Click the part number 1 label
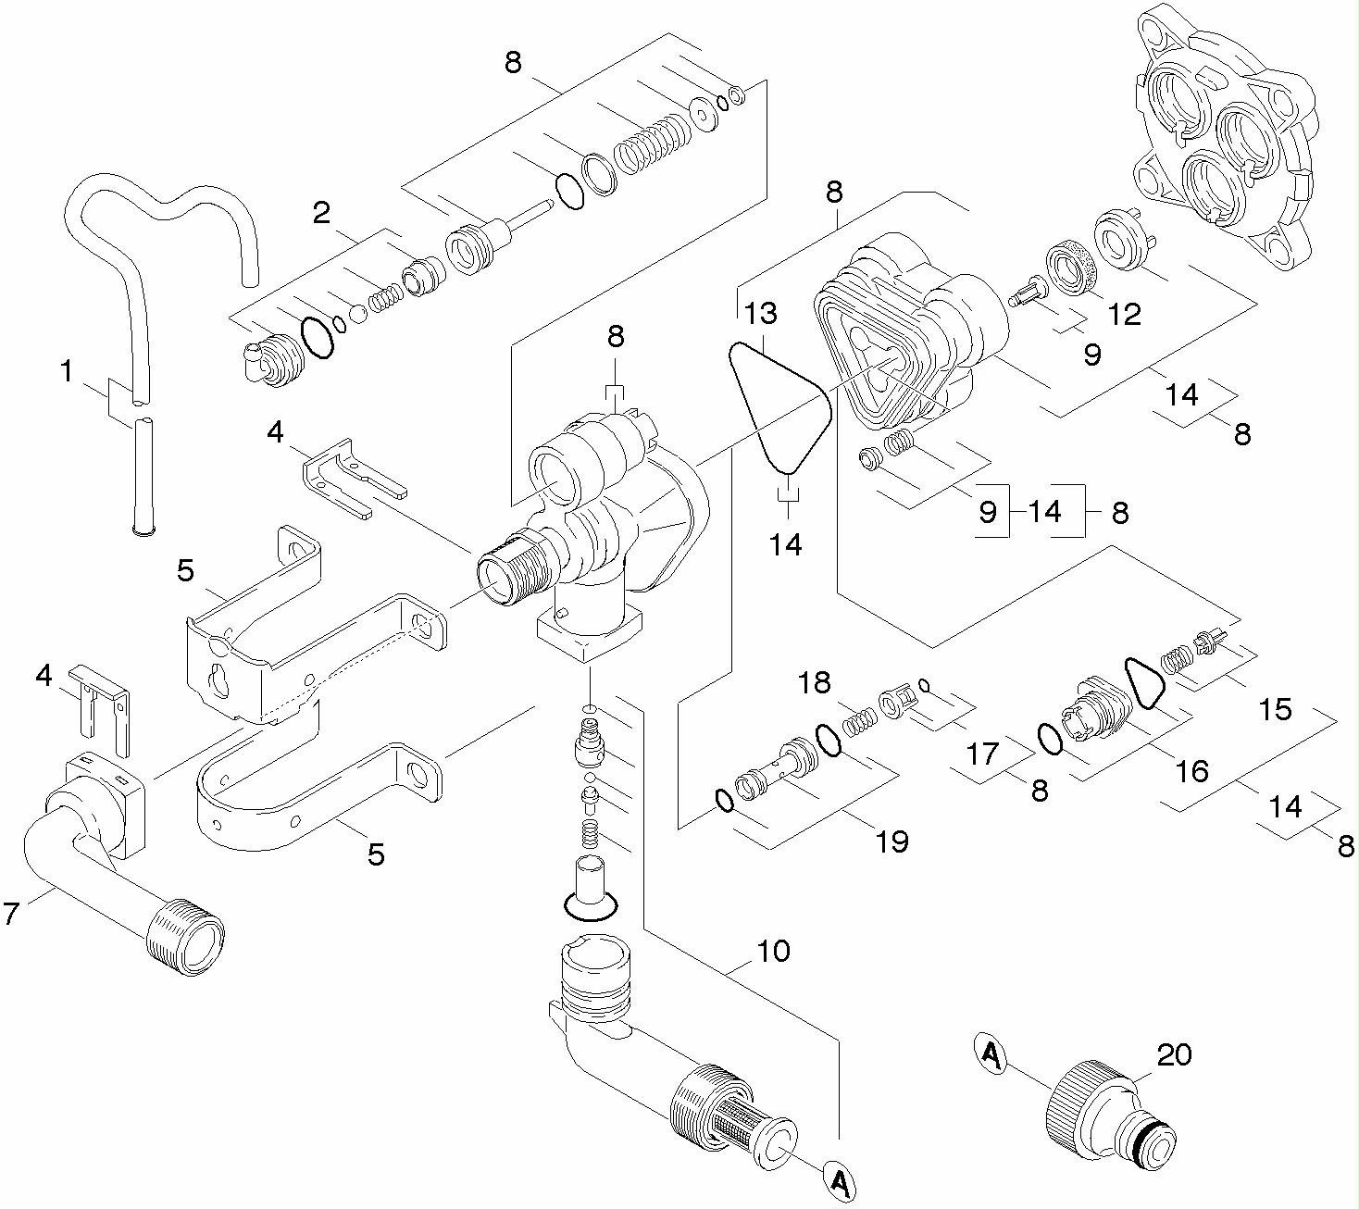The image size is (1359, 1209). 66,372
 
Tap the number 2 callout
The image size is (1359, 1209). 321,214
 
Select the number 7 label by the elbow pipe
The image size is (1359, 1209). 11,914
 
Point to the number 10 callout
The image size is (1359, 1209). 773,951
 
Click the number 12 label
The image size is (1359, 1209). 1125,315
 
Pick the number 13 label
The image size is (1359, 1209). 762,314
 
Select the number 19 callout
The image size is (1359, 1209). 891,841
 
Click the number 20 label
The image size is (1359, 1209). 1174,1054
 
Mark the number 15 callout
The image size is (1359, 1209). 1275,709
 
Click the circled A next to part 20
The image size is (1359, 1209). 991,1054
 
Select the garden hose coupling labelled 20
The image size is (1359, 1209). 1106,1112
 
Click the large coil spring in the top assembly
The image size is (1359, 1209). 654,145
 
